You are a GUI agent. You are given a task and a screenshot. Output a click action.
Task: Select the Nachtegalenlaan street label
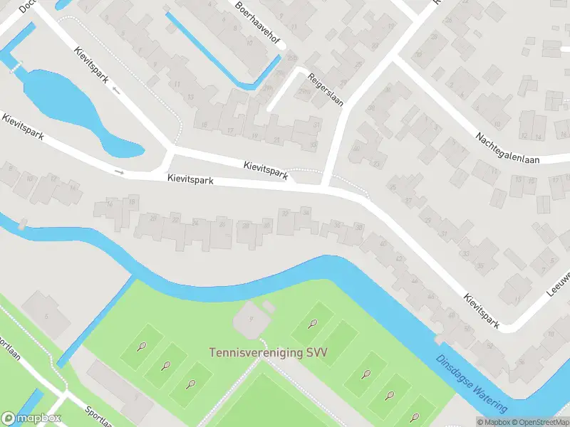point(509,142)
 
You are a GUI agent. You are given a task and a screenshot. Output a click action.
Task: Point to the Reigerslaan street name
point(325,90)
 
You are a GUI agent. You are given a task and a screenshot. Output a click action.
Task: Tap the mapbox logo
point(31,418)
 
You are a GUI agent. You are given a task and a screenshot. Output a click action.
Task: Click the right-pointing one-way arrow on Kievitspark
point(120,172)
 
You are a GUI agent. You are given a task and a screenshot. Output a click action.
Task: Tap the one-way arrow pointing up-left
point(115,91)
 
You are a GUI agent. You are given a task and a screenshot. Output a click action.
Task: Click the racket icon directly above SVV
point(311,325)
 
